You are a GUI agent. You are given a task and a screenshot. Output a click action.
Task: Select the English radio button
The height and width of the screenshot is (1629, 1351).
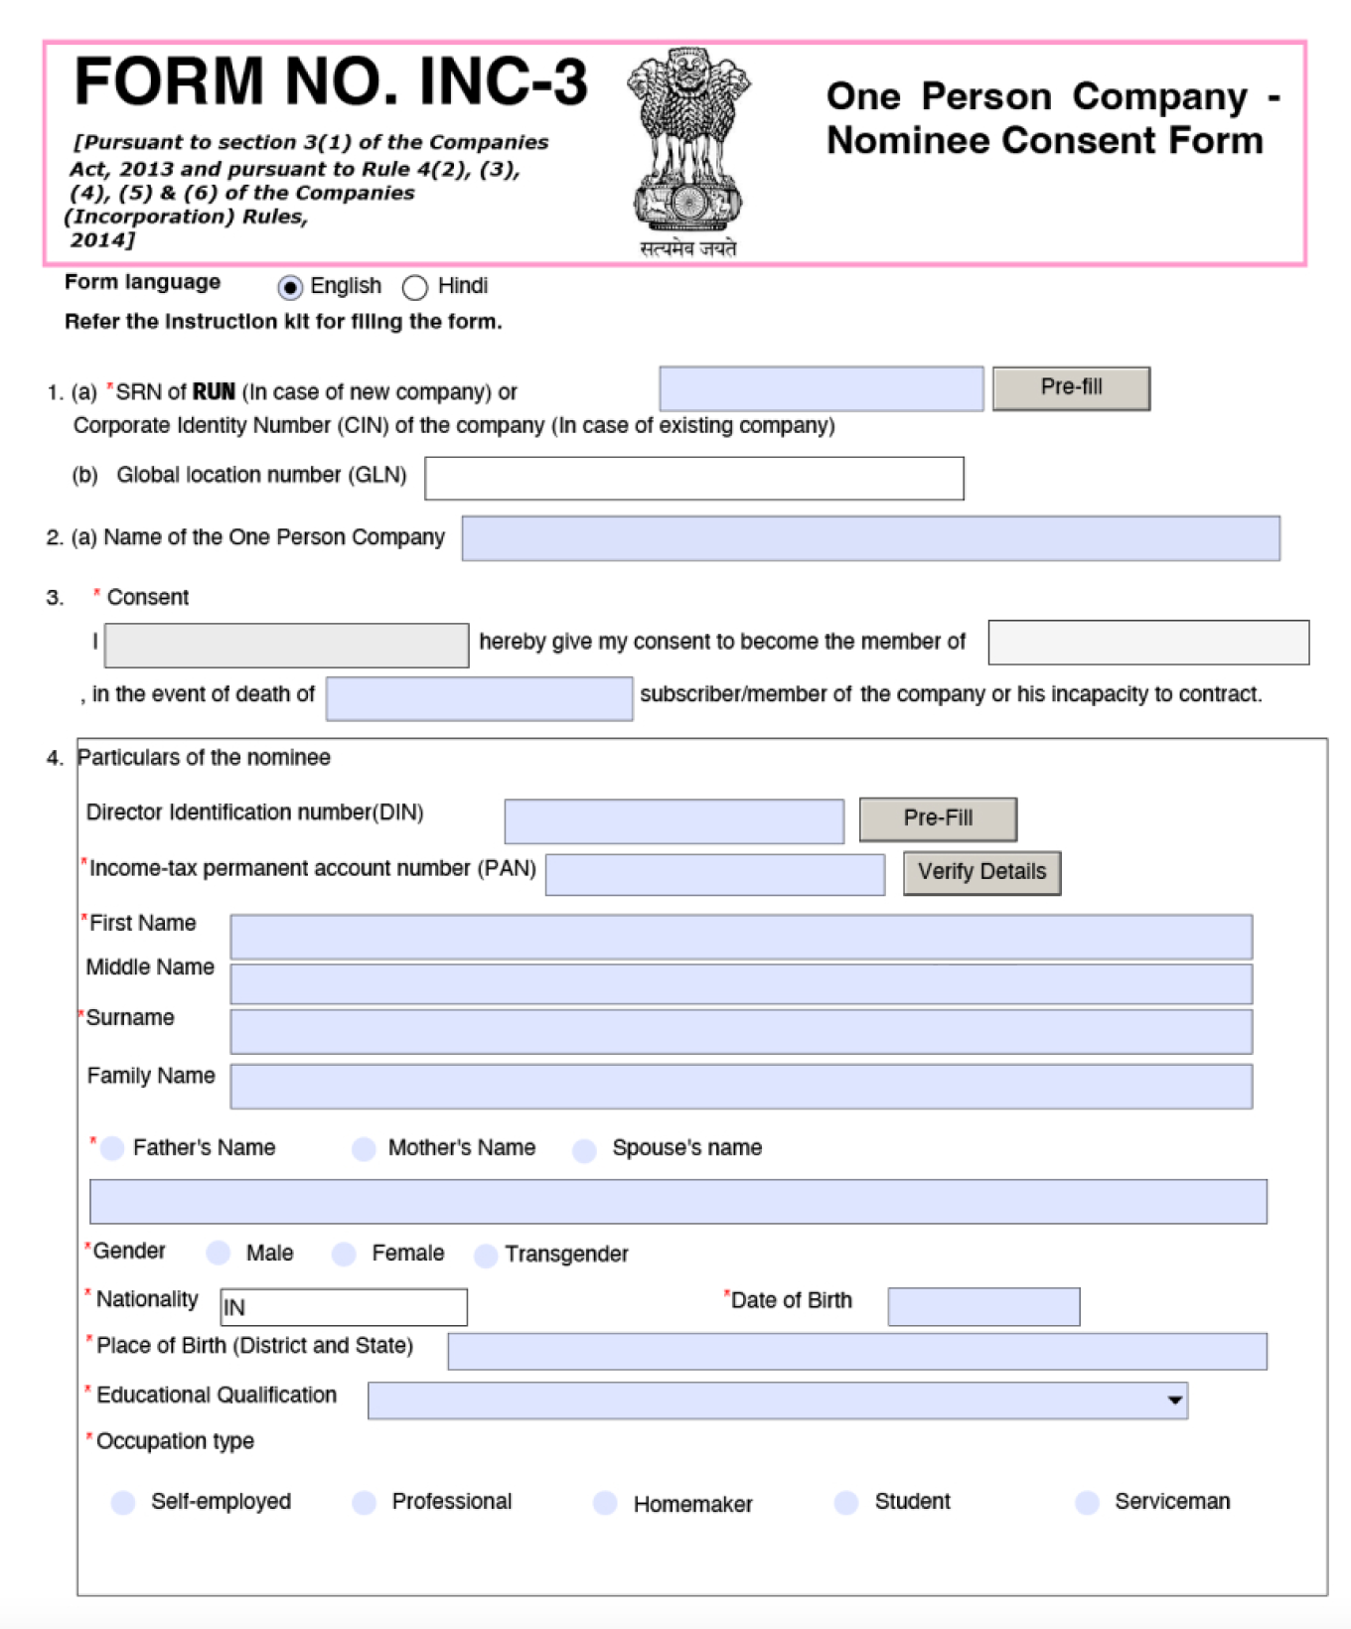[x=290, y=288]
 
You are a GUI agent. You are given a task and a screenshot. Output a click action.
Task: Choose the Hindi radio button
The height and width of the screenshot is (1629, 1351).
[x=415, y=288]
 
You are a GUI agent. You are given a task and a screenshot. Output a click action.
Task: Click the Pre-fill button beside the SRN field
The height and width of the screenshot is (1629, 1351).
[x=1071, y=388]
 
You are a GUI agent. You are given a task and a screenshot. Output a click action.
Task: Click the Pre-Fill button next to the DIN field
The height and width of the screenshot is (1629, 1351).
[x=938, y=819]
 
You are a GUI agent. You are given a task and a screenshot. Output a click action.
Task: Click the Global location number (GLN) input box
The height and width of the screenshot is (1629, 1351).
[x=693, y=479]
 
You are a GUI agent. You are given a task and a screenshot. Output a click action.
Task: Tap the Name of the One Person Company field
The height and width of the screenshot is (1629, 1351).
[x=870, y=538]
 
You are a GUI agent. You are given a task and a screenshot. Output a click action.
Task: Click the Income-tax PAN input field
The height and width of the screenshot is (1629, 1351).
[x=715, y=875]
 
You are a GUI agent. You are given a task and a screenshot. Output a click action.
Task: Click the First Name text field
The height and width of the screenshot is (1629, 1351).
[x=741, y=938]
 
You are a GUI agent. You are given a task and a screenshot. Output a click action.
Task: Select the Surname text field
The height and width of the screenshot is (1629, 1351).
[x=741, y=1032]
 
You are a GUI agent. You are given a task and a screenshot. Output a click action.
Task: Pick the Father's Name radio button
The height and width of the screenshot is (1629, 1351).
[x=113, y=1149]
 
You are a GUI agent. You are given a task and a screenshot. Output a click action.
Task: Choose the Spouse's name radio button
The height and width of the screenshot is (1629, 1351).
[x=585, y=1150]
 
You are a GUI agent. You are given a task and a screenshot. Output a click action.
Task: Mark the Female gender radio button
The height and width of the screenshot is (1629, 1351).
[x=345, y=1255]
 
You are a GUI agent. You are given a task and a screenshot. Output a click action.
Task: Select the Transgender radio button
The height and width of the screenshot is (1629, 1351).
[x=486, y=1257]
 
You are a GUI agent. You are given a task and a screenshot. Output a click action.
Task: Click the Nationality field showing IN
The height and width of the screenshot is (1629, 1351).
[x=344, y=1307]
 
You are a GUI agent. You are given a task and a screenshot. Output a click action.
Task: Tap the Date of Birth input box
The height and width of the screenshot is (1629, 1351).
[x=983, y=1307]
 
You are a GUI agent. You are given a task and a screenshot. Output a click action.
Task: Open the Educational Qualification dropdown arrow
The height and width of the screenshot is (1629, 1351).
[x=1175, y=1401]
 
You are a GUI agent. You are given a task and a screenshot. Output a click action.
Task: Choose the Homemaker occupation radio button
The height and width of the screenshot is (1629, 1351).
[x=605, y=1504]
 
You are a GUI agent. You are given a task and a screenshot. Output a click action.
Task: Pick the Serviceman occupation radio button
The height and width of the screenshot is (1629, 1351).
[x=1088, y=1503]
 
